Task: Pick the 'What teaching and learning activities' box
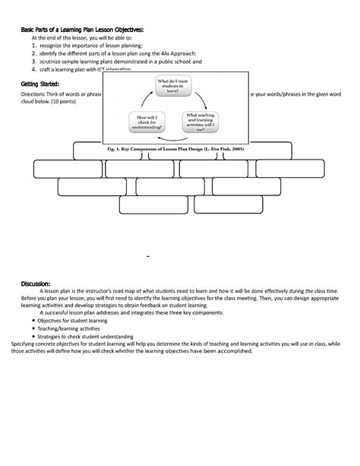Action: point(204,122)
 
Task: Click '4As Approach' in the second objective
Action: point(177,54)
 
